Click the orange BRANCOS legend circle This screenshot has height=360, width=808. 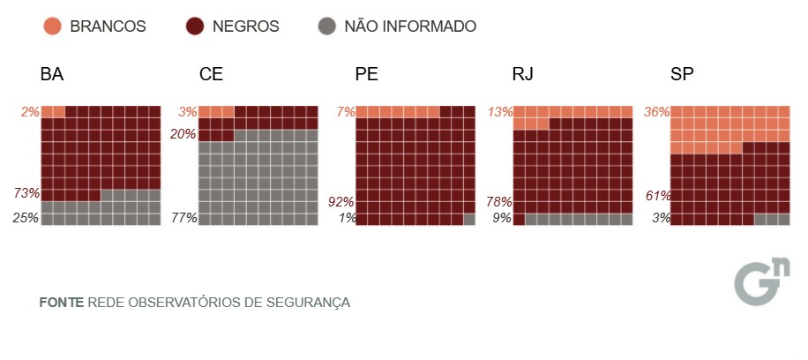pos(52,26)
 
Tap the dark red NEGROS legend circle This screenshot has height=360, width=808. pos(195,26)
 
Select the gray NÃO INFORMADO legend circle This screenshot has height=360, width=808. pos(327,26)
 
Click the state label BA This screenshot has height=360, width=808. pos(51,74)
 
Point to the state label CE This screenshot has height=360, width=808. pos(211,74)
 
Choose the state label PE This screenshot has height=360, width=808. pos(366,74)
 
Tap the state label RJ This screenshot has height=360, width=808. pos(522,74)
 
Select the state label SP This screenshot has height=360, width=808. pos(682,74)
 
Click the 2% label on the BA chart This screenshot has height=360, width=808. pos(30,112)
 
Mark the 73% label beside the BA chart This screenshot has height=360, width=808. pos(26,193)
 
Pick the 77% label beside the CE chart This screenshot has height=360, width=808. pos(183,218)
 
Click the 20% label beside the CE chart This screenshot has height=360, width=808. pos(183,134)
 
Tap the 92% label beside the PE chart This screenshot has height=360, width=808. pos(340,200)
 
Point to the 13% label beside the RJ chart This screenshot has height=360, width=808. pos(498,112)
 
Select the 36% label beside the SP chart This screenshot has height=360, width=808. pos(656,112)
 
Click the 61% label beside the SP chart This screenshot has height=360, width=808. pos(656,196)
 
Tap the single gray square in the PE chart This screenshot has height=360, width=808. pos(469,219)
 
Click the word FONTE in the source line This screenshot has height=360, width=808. pos(62,303)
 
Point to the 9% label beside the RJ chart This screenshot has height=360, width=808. pos(501,218)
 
